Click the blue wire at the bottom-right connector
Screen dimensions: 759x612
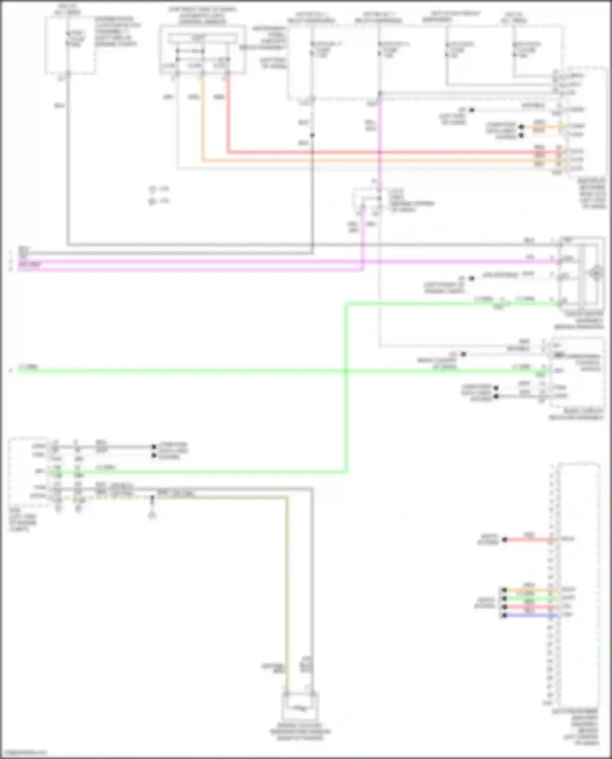coord(530,615)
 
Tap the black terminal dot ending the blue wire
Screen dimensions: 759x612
coord(504,615)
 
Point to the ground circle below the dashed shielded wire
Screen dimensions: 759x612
coord(152,516)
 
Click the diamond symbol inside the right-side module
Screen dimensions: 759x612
coord(596,272)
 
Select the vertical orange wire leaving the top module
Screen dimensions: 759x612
coord(202,122)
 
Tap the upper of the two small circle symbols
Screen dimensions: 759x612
coord(152,189)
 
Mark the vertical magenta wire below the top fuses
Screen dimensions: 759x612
coord(379,143)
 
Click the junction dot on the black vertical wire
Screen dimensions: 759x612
coord(312,135)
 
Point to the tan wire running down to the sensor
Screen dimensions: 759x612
coord(287,591)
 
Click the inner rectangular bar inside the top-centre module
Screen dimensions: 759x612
coord(202,38)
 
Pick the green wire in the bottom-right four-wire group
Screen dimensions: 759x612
coord(530,598)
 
